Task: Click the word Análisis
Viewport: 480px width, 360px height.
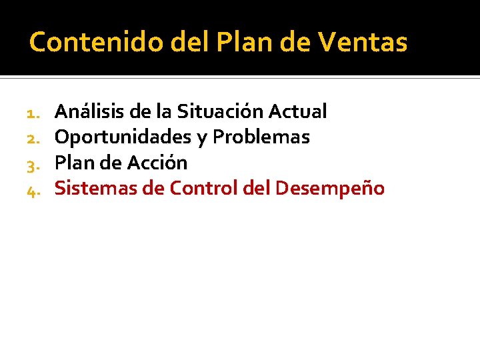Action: (89, 111)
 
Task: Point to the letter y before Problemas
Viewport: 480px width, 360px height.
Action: (201, 139)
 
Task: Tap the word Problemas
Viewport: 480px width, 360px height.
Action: (261, 137)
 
